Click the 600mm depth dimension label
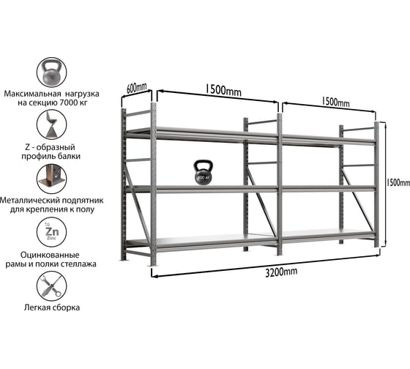pyautogui.click(x=136, y=88)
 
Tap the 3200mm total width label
pyautogui.click(x=281, y=272)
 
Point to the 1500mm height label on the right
pyautogui.click(x=398, y=183)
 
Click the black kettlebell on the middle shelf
pyautogui.click(x=204, y=173)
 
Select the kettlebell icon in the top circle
pyautogui.click(x=51, y=72)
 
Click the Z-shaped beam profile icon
pyautogui.click(x=51, y=124)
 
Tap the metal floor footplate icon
pyautogui.click(x=51, y=179)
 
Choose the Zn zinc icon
pyautogui.click(x=51, y=232)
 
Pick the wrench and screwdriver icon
pyautogui.click(x=51, y=286)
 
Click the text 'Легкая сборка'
pyautogui.click(x=52, y=307)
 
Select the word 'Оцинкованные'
pyautogui.click(x=50, y=255)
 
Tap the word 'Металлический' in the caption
pyautogui.click(x=29, y=201)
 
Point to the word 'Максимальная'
pyautogui.click(x=32, y=94)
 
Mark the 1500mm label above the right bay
pyautogui.click(x=335, y=102)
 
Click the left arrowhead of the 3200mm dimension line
pyautogui.click(x=153, y=275)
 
